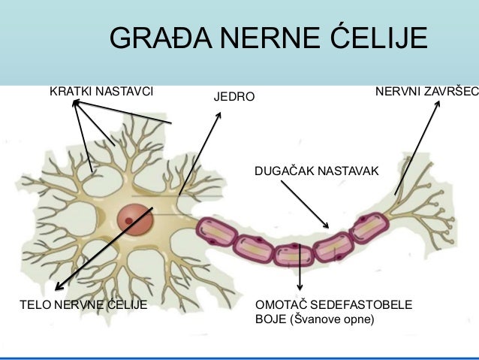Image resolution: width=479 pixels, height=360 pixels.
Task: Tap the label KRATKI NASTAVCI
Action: click(101, 92)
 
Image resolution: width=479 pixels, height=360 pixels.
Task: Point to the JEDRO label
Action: click(235, 98)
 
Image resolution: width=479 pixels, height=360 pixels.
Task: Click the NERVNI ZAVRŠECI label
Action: click(426, 92)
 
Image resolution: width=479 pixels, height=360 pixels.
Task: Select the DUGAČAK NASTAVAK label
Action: click(317, 173)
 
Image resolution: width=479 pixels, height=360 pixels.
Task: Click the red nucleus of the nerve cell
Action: click(135, 220)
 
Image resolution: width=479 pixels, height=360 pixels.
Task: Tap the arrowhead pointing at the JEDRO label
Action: click(219, 116)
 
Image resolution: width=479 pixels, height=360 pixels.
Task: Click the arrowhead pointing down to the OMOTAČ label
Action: click(300, 287)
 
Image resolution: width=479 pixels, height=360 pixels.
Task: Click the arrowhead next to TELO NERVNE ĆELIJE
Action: click(58, 286)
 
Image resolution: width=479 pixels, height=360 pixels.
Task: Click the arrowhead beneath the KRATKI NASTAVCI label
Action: click(75, 104)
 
